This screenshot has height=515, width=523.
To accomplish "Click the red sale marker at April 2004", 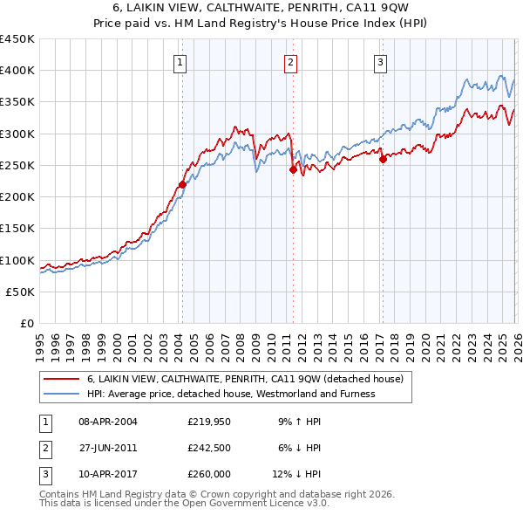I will pos(182,184).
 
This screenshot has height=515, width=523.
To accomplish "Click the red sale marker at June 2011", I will pos(293,170).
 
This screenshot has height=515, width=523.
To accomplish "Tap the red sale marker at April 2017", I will pos(383,159).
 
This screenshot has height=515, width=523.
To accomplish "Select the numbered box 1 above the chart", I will pos(180,62).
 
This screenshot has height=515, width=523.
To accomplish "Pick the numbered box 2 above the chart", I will pos(290,62).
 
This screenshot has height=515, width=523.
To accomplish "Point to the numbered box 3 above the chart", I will pos(381,62).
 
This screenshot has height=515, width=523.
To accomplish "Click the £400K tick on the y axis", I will pos(17,71).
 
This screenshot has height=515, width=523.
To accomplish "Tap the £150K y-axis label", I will pos(17,229).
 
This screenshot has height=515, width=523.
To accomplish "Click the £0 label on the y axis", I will pos(27,324).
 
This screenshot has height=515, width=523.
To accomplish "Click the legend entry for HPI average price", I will pos(230,394).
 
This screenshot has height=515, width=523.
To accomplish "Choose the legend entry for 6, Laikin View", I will pos(244,380).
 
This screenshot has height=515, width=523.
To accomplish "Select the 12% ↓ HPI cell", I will pos(297,474).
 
